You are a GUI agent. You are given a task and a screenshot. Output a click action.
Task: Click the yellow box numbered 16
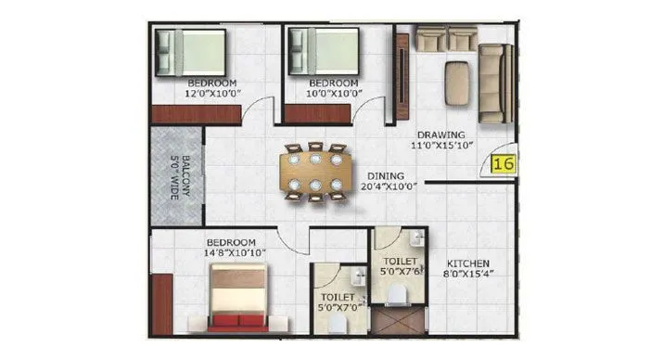(x=504, y=165)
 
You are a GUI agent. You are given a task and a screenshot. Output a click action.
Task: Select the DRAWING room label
(x=440, y=134)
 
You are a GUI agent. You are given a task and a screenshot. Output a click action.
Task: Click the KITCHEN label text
(x=467, y=263)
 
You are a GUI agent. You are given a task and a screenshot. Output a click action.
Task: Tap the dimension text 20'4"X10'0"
(x=389, y=186)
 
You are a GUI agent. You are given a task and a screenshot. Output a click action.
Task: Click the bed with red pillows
(x=238, y=297)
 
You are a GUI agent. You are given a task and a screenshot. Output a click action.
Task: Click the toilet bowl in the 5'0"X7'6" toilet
(x=396, y=294)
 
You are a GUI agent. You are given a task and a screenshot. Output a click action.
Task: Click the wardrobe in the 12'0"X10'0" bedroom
(x=196, y=114)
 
